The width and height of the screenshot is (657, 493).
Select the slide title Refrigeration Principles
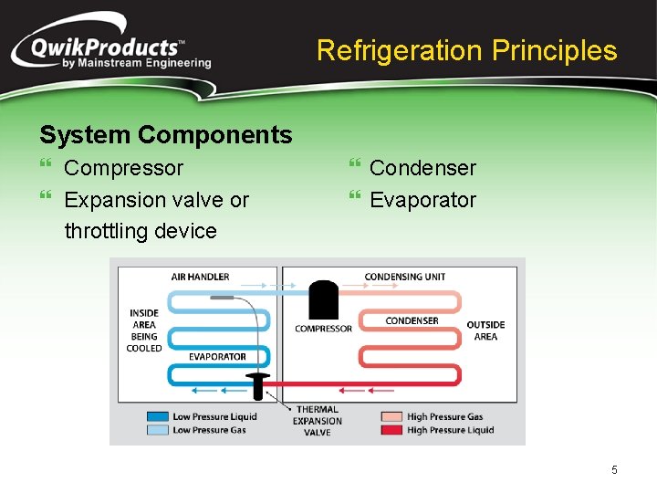click(x=466, y=50)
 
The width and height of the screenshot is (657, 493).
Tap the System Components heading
click(x=165, y=135)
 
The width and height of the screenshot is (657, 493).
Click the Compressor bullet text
click(x=123, y=168)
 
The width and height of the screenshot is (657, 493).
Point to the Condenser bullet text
click(x=422, y=168)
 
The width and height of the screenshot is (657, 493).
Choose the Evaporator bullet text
click(x=422, y=200)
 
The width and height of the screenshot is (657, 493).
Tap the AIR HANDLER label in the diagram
click(x=200, y=277)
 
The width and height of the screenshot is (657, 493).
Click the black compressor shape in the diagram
click(x=324, y=300)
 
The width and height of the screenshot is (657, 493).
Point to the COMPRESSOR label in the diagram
click(x=323, y=329)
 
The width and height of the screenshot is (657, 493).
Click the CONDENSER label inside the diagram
click(x=412, y=320)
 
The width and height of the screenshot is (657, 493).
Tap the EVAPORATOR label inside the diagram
click(x=217, y=357)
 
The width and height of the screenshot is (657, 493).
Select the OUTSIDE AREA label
click(x=485, y=330)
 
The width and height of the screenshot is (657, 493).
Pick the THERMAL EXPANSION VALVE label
click(x=317, y=421)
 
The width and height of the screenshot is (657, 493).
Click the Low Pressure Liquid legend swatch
click(x=157, y=416)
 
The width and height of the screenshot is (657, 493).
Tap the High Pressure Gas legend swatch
click(x=391, y=416)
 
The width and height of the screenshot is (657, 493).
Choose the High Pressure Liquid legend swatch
click(x=391, y=430)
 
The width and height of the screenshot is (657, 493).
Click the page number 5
click(x=614, y=470)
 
